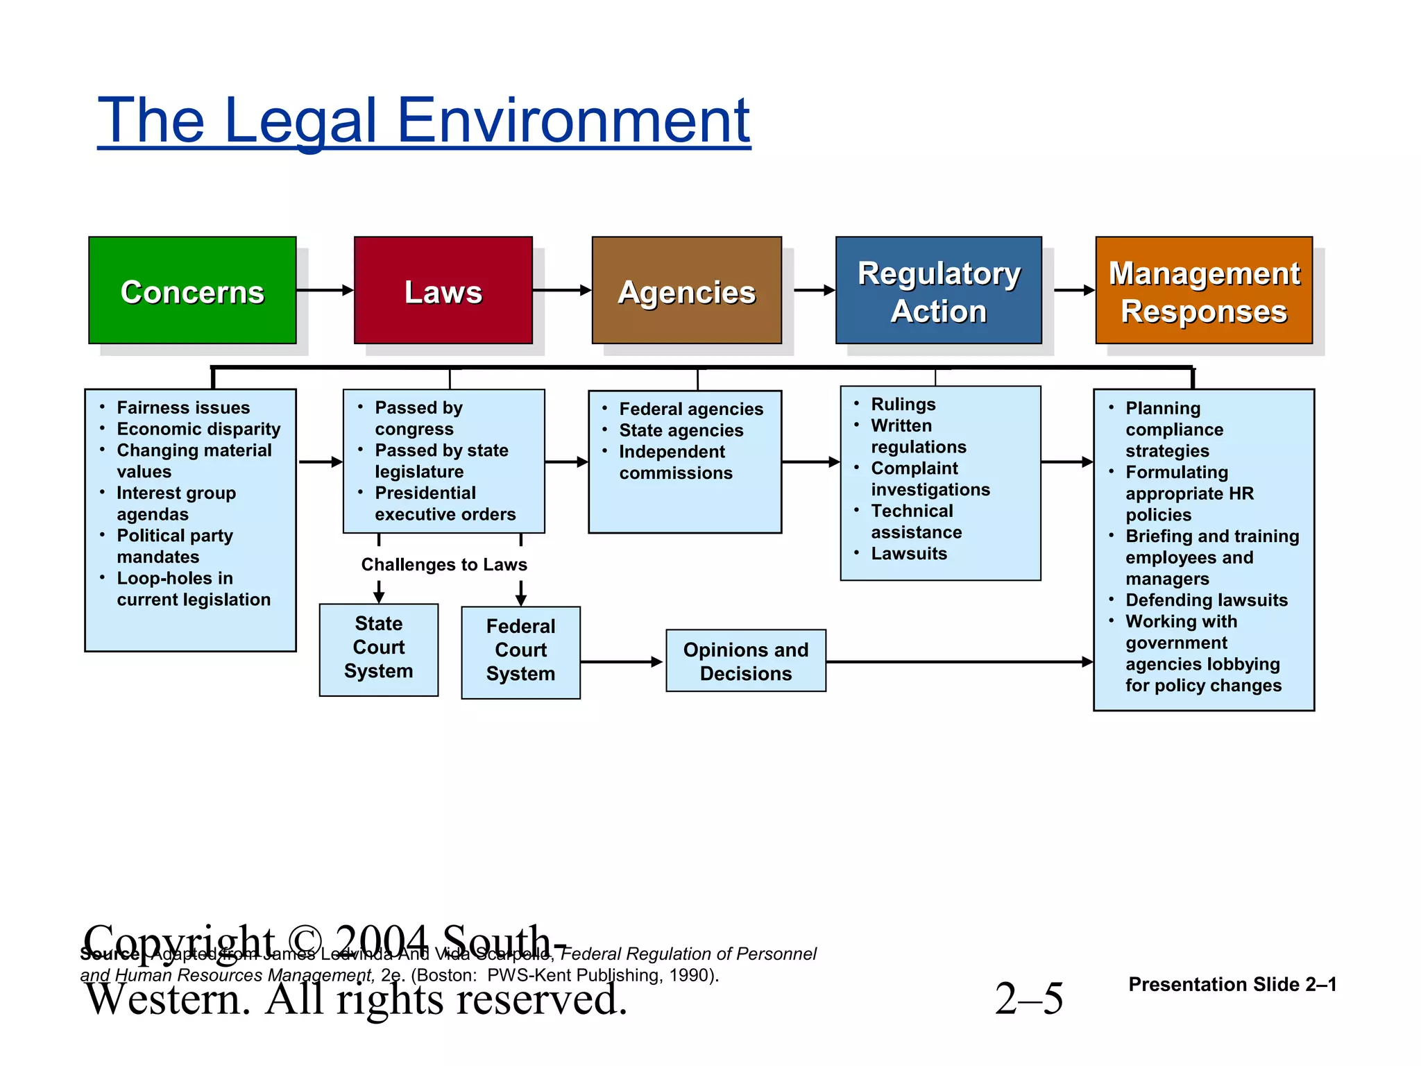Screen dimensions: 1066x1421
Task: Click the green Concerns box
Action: coord(192,290)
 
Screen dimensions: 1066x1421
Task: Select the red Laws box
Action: coord(443,290)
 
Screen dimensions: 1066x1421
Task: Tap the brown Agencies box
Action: coord(686,290)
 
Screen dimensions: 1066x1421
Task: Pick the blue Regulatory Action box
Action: coord(938,290)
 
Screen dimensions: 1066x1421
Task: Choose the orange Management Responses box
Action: coord(1204,290)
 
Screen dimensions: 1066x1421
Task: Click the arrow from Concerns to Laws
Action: coord(325,290)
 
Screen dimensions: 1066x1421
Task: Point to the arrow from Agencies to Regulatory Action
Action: coord(814,290)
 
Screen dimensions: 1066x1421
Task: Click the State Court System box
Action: coord(378,649)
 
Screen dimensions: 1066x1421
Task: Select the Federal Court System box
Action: coord(520,652)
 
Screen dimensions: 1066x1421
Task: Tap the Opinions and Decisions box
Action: coord(745,661)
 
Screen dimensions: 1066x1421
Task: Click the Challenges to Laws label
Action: coord(444,564)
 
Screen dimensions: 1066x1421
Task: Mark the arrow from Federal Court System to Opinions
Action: coord(622,661)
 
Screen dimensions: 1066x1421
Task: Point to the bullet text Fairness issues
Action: coord(183,407)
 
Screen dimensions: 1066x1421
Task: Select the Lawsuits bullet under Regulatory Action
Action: coord(909,553)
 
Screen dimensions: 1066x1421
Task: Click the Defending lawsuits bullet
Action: coord(1206,600)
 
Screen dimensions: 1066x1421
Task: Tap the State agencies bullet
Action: coord(681,430)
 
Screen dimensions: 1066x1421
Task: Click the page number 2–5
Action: coord(1028,998)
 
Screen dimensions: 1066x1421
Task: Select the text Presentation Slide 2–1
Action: coord(1232,984)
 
